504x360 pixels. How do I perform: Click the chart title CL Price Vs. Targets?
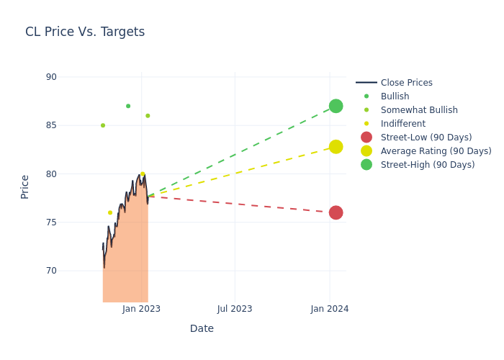coord(85,32)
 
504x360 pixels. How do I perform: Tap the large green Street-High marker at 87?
coord(336,106)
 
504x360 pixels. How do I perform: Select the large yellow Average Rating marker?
coord(336,147)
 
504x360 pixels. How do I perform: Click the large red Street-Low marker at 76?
coord(336,212)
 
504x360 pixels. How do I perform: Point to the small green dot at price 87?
coord(128,106)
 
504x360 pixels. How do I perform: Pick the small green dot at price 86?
coord(148,116)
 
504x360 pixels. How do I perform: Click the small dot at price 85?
coord(103,125)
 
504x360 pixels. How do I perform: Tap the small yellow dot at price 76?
coord(110,212)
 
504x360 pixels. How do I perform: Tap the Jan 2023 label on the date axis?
coord(141,309)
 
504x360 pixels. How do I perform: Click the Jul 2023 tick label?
coord(235,309)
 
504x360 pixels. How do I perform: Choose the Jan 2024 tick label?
coord(330,309)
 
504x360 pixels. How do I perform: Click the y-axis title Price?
coord(25,186)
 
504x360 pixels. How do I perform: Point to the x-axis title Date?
coord(202,329)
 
